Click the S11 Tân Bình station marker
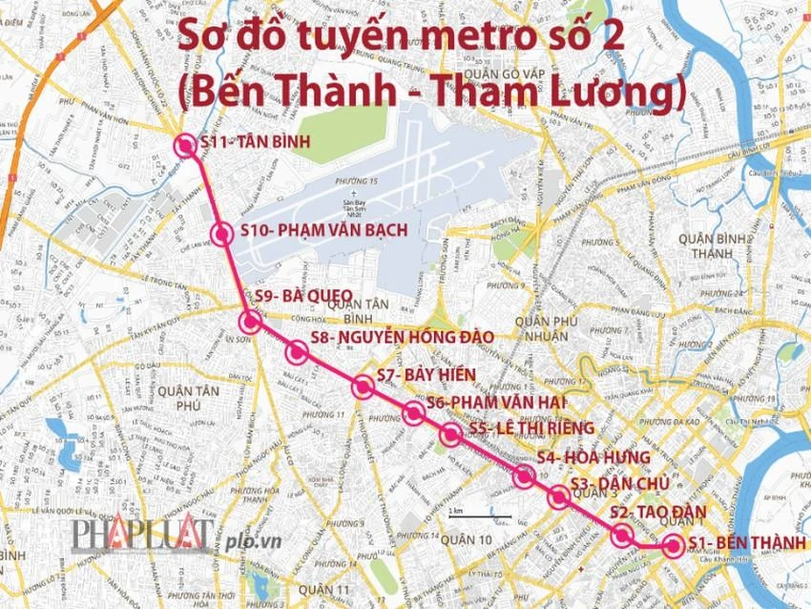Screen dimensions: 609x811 [x=186, y=145]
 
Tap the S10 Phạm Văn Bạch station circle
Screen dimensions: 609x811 [x=222, y=234]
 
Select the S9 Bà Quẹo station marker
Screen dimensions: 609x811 [x=251, y=321]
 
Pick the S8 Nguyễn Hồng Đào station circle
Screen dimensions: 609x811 [x=297, y=352]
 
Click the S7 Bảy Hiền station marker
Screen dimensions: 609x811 [x=363, y=387]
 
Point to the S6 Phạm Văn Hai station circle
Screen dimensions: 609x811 [x=413, y=413]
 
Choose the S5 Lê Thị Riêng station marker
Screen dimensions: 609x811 [x=450, y=435]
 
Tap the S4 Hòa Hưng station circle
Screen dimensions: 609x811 [x=523, y=475]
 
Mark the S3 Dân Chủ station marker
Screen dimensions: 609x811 [x=559, y=496]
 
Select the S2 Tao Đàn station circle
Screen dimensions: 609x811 [x=622, y=535]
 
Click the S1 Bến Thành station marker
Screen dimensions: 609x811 [x=673, y=547]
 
